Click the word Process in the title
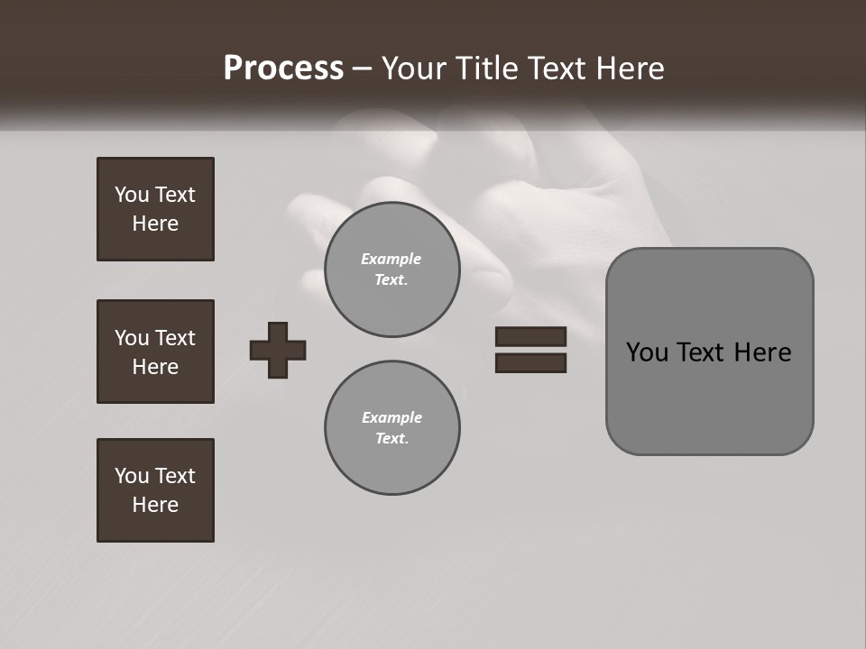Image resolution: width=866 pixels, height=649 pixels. [283, 69]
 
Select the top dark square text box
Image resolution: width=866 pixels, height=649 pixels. [155, 209]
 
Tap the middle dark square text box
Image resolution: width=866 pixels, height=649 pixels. [155, 352]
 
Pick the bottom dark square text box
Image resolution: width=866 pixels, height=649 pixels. [155, 489]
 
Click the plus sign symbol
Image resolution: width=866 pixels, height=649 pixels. [278, 350]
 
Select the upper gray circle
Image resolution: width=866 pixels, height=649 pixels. [392, 270]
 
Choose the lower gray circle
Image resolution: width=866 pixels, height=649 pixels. [392, 428]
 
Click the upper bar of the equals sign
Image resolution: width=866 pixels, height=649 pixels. [530, 336]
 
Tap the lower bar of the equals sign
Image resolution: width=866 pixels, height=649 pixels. [530, 362]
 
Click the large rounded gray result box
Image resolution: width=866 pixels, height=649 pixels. [709, 352]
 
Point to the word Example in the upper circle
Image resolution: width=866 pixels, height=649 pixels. [392, 259]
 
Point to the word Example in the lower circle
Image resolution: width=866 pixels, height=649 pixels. [392, 417]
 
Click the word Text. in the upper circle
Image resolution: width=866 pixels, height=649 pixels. [392, 280]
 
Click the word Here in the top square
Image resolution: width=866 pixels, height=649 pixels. [155, 224]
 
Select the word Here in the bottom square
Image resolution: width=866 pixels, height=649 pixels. [155, 505]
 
